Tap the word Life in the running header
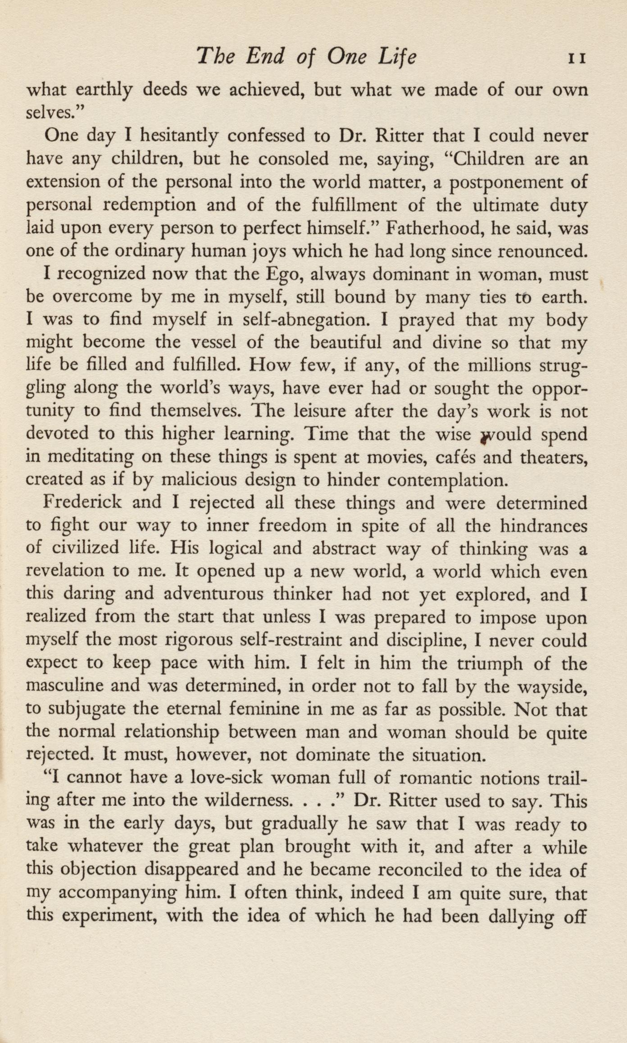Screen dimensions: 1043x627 tap(394, 58)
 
